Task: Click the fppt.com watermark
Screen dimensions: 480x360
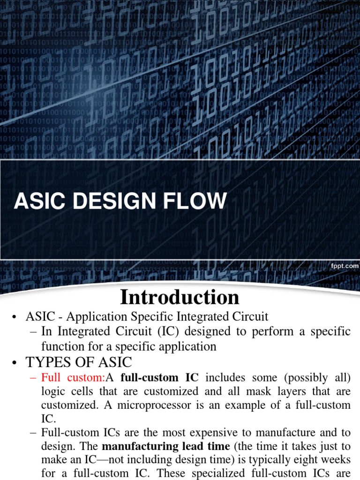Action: click(x=345, y=266)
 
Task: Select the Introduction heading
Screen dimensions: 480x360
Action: click(x=180, y=297)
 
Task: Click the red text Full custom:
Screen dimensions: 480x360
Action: click(x=73, y=377)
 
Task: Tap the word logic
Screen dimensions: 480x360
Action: click(x=52, y=391)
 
